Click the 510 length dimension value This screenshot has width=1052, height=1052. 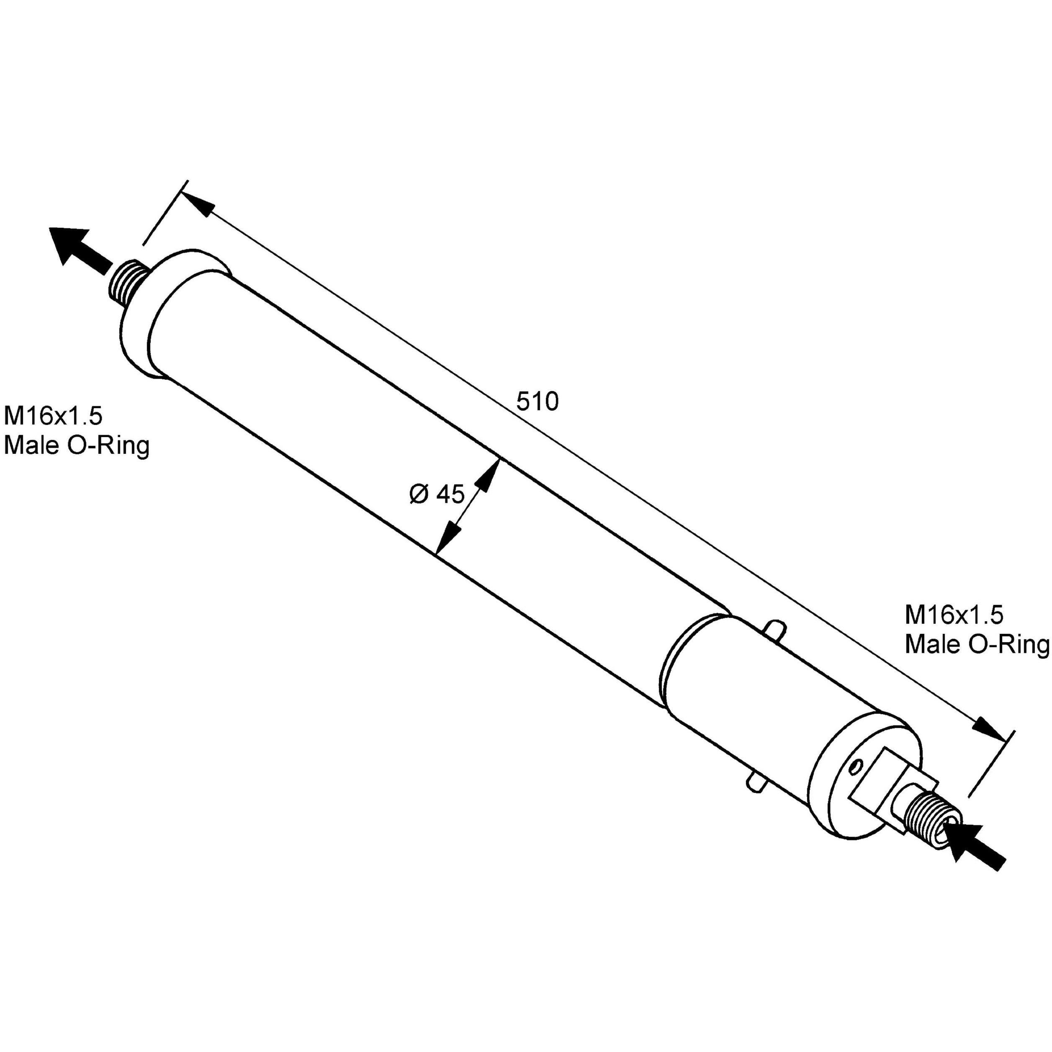tap(537, 402)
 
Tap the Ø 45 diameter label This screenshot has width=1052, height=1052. tap(437, 494)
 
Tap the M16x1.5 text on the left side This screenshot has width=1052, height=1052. tap(53, 417)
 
